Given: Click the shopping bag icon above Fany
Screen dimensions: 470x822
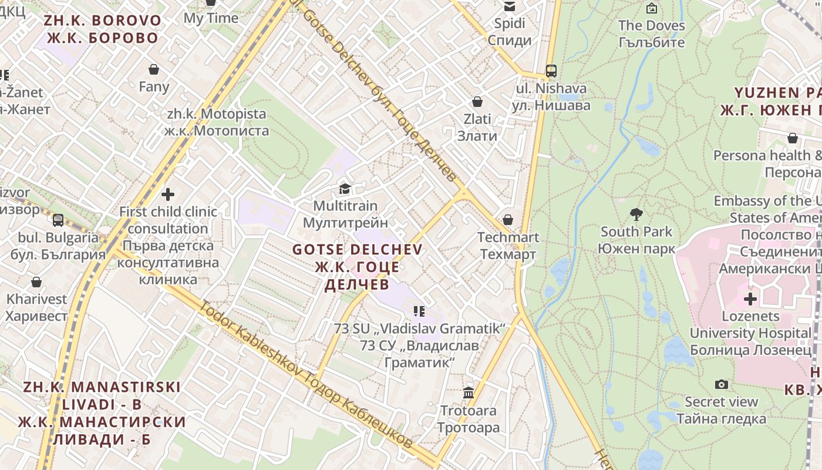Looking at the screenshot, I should tap(154, 70).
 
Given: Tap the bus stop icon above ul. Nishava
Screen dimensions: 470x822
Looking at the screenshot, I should tap(551, 71).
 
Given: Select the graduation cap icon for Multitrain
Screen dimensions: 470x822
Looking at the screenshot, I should tap(345, 189).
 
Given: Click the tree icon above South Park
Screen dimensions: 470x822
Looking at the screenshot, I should tap(636, 214).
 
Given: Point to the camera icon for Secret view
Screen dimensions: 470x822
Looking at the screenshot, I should tap(722, 385).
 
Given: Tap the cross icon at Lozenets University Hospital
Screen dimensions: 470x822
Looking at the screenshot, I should tap(750, 299).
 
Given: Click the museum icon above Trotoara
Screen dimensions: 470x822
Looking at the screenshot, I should tap(469, 393).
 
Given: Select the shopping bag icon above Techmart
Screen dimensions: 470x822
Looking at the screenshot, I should tap(508, 220).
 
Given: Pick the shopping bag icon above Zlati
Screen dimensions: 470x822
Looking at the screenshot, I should tap(477, 102).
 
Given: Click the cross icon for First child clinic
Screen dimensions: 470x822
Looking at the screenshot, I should tap(168, 194).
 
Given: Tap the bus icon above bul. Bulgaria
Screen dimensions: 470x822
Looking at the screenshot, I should tap(58, 220).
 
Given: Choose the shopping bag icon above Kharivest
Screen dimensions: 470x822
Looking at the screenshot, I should tap(36, 282).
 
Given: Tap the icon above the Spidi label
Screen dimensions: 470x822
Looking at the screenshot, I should tap(509, 6).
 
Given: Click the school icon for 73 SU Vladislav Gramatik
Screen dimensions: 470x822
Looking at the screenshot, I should tap(419, 311).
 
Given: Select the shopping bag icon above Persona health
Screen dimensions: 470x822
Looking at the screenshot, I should tap(792, 139).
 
